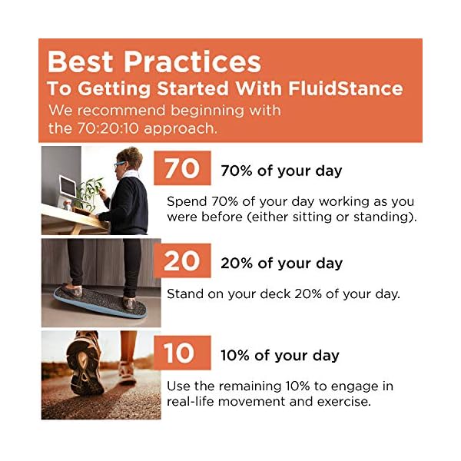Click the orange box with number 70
pyautogui.click(x=182, y=168)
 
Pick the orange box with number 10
pyautogui.click(x=182, y=353)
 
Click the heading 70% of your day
pyautogui.click(x=281, y=171)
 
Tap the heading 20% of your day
pyautogui.click(x=281, y=263)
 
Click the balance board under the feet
pyautogui.click(x=100, y=306)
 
